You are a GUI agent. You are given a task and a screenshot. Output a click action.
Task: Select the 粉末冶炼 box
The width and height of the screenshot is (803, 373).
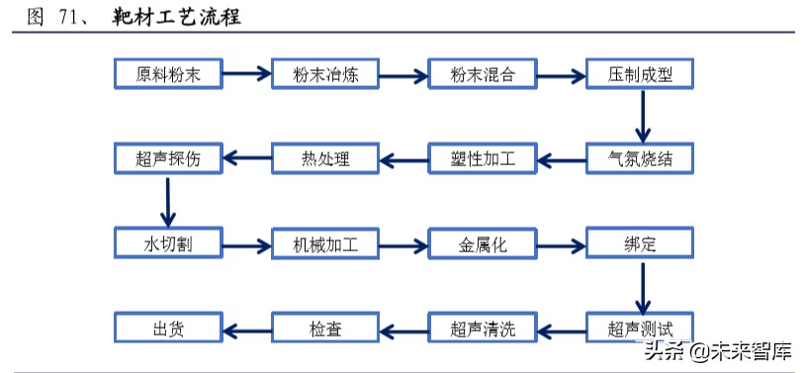coord(324,74)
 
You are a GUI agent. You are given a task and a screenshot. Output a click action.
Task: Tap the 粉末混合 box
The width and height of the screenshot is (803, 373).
coord(482,74)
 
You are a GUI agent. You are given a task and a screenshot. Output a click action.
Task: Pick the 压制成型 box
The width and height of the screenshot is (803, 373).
coord(640,74)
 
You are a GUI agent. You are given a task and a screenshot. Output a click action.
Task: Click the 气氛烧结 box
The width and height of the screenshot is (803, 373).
coord(640,158)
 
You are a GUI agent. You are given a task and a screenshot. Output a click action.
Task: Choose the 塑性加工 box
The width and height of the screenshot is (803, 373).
coord(482,158)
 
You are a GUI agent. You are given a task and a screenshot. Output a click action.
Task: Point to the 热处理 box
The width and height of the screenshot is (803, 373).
coord(324,158)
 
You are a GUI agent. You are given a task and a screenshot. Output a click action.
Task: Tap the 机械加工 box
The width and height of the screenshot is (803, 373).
coord(324,243)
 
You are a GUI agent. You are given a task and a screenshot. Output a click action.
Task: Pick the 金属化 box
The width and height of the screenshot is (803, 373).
coord(482,243)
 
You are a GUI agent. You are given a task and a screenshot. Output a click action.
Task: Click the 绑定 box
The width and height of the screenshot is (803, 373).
coord(640,243)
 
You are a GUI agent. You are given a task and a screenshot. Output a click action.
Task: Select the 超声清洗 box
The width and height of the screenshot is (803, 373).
coord(482,327)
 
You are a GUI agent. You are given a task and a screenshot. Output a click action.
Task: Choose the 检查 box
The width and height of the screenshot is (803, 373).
coord(324,327)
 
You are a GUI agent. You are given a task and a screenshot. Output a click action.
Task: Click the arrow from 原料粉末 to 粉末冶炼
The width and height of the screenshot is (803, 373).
coord(246,73)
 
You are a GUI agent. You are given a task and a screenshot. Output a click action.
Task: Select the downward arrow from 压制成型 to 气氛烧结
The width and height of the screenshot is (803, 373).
coord(642,116)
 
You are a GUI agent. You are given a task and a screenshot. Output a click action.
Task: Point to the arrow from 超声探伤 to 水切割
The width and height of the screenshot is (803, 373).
coord(168,201)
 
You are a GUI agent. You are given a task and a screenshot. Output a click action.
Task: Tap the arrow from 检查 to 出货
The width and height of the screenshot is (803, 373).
coord(246,326)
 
